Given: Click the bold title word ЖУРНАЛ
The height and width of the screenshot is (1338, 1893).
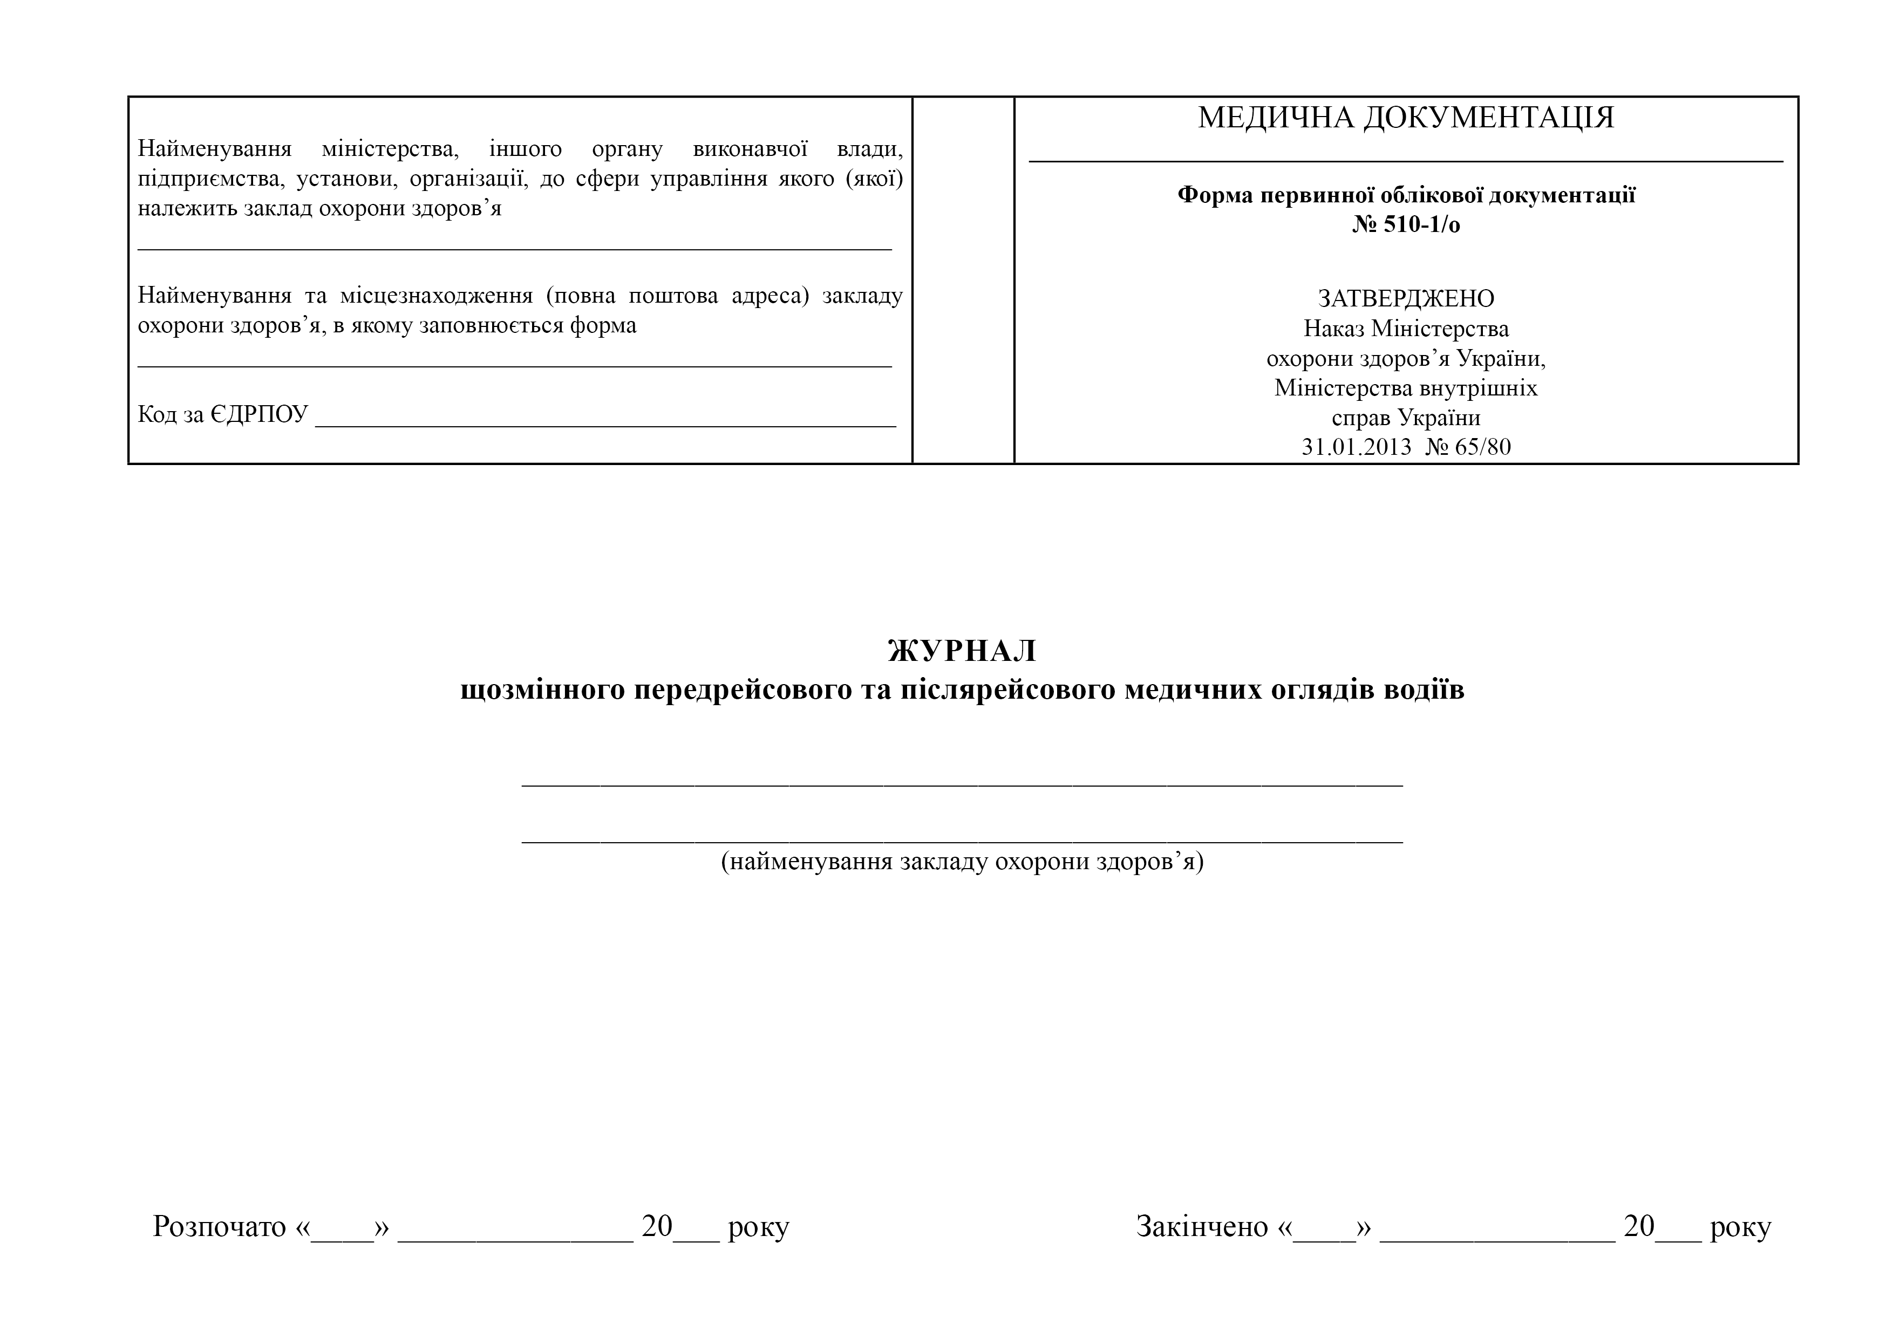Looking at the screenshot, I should coord(962,651).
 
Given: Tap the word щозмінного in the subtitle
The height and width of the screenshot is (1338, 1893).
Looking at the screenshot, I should coord(542,689).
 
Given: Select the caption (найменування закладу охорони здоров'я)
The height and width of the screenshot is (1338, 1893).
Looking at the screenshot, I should coord(962,862).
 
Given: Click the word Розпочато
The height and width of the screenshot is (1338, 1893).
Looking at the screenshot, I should coord(219,1227).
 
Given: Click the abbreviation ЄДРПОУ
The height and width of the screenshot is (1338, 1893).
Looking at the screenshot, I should coord(259,414).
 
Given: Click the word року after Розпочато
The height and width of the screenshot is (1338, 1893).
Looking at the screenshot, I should coord(759,1227).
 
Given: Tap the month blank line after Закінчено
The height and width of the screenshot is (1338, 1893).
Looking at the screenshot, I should coord(1496,1234).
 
